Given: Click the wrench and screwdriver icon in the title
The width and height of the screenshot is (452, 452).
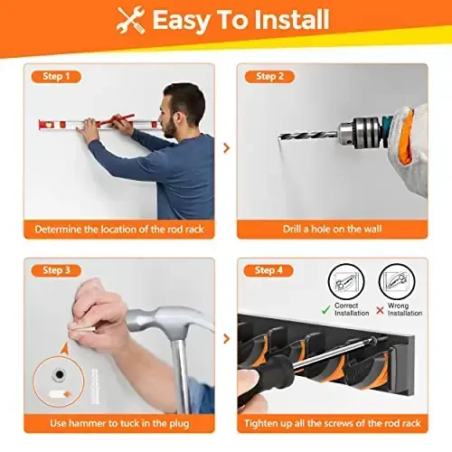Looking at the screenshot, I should (x=132, y=20).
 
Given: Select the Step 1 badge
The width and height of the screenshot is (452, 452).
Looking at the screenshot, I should (x=55, y=77).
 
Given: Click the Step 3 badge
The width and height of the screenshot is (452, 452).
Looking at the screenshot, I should (x=55, y=270).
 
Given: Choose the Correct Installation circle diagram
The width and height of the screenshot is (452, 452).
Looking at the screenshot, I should (x=346, y=282).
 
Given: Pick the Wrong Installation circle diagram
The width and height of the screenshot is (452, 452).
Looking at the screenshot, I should (x=396, y=282).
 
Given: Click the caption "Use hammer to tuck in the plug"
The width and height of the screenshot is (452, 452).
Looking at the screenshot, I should (x=118, y=422).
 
